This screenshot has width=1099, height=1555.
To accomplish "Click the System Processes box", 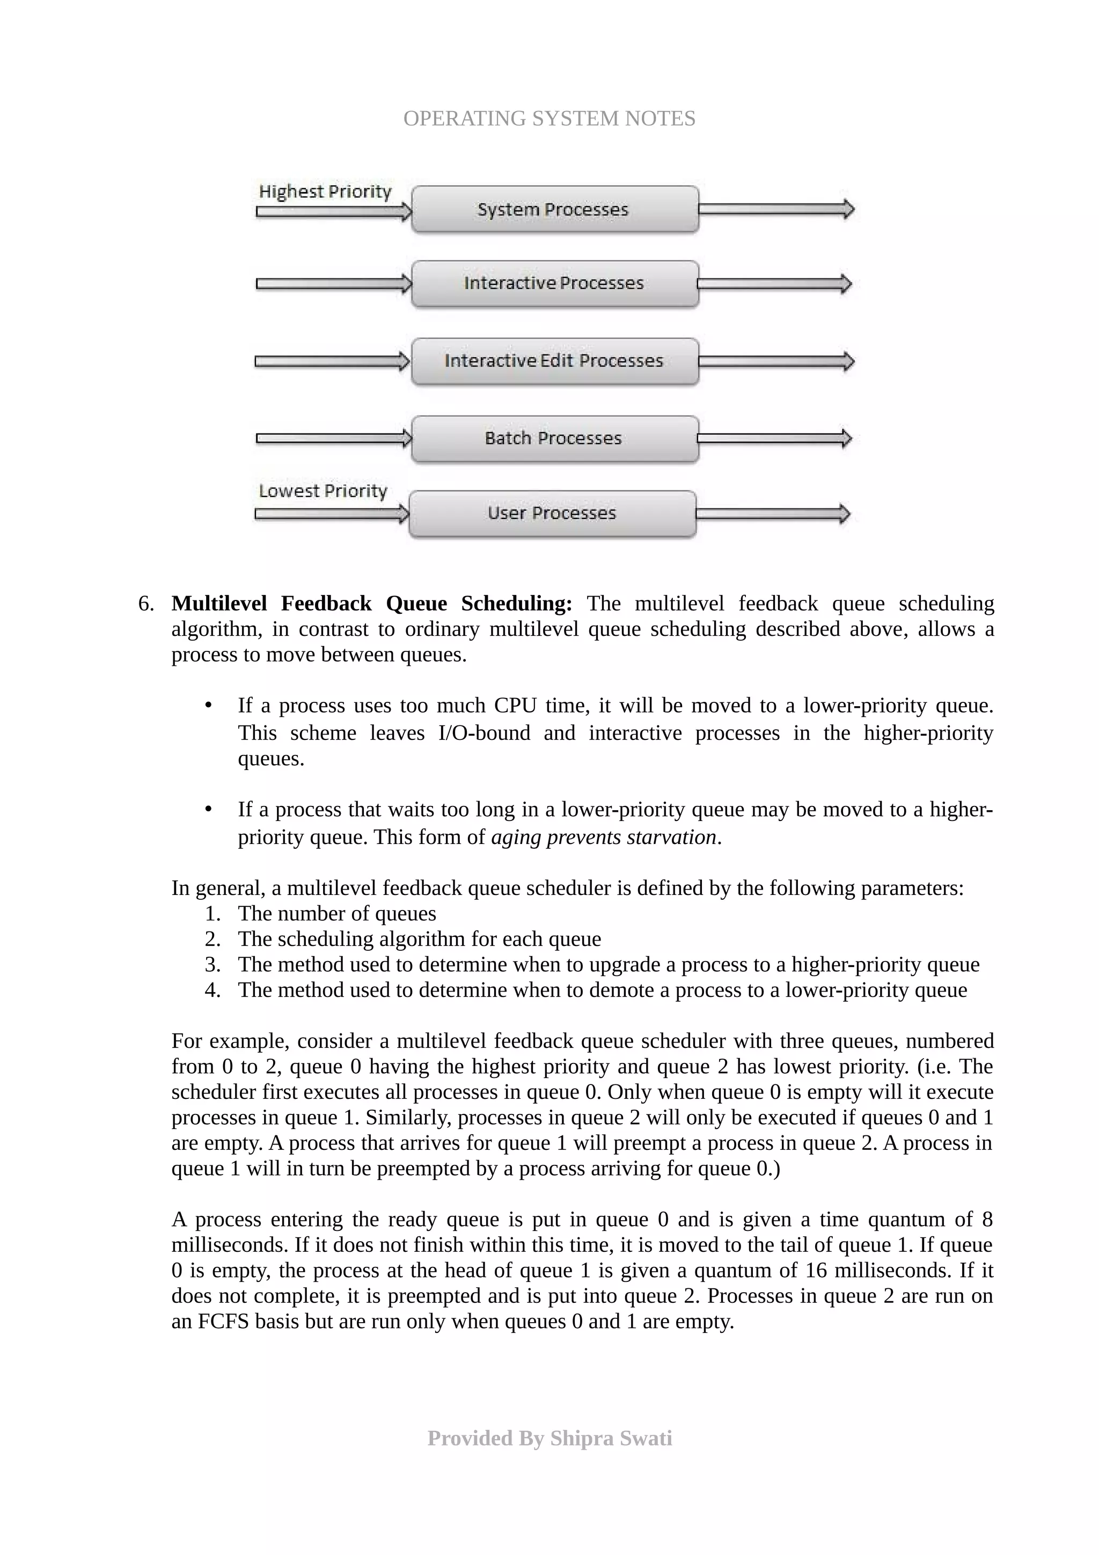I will tap(554, 209).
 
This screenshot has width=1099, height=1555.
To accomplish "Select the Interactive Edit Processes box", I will tap(554, 361).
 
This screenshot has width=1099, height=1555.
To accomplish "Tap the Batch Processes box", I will tap(554, 438).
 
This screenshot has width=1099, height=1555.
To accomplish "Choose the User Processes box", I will tap(552, 514).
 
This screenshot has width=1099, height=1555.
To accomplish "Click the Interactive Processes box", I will tap(554, 283).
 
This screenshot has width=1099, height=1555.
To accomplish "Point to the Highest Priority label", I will tap(325, 192).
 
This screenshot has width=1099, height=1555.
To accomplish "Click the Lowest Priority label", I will tap(323, 491).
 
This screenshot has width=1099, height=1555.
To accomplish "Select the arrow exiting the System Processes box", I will tap(775, 209).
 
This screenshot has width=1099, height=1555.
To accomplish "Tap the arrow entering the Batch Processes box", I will tap(334, 438).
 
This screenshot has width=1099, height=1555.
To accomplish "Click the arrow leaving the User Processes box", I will tap(772, 514).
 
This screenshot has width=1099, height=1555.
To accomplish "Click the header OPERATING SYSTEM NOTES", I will tap(549, 119).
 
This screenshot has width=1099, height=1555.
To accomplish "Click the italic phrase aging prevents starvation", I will tap(603, 837).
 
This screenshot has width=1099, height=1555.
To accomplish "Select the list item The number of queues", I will tap(336, 914).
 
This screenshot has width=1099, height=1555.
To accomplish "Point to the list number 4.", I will tap(212, 990).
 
